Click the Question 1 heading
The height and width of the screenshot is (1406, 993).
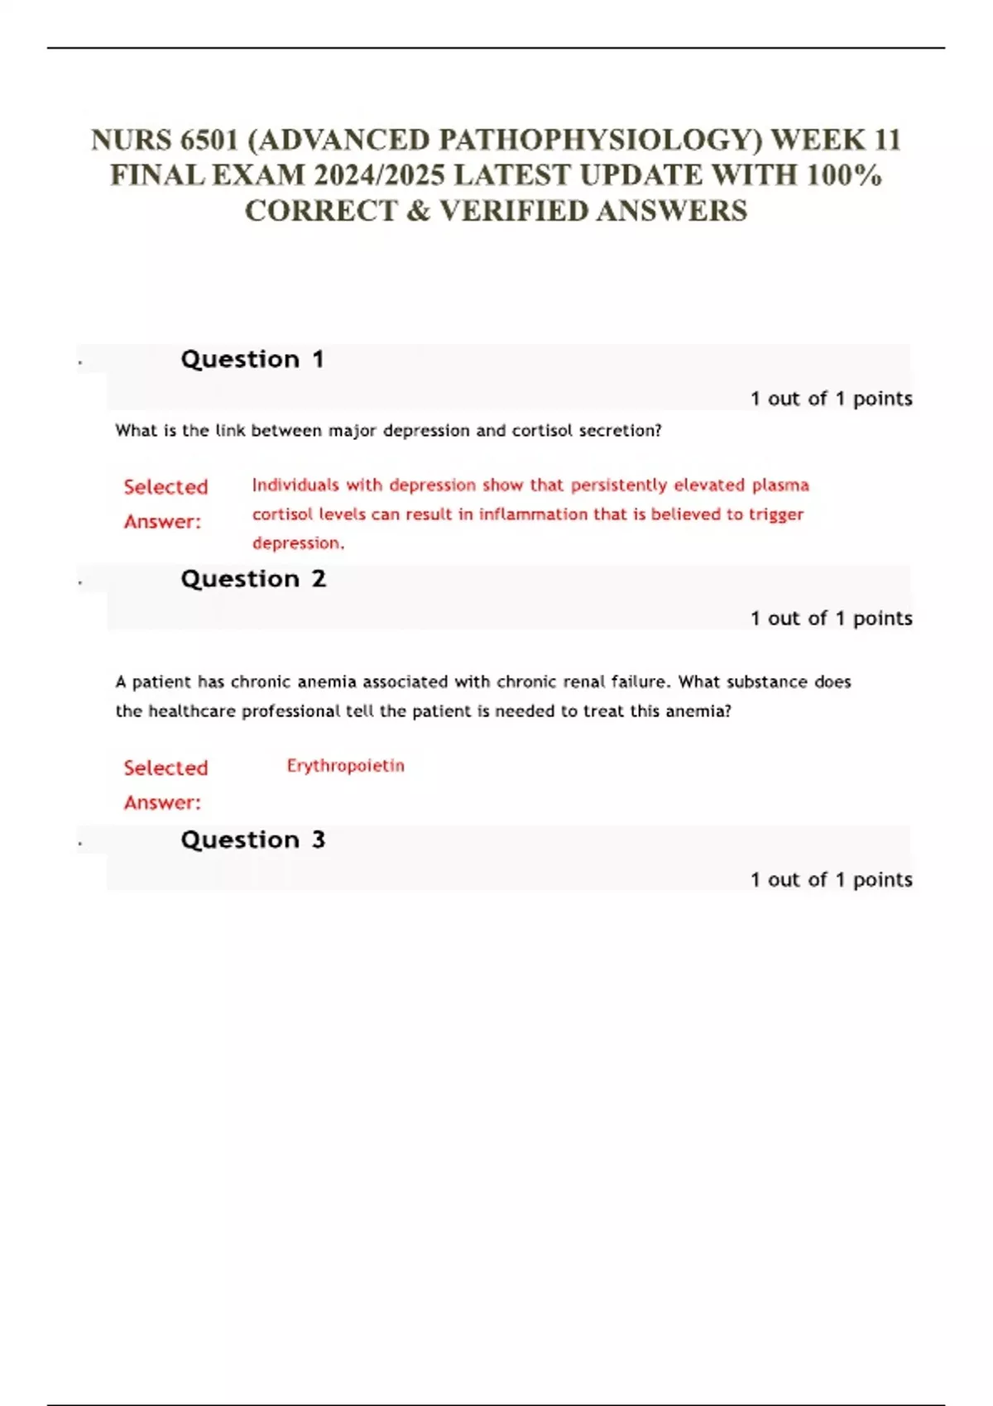coord(252,360)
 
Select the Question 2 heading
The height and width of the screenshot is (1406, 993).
coord(253,579)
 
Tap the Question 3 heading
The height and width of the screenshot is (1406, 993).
coord(253,840)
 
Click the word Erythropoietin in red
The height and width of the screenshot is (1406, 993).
coord(346,766)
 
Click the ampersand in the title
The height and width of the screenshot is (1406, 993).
coord(419,211)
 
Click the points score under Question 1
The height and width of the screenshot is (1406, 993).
coord(831,399)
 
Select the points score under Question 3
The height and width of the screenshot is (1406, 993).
coord(831,880)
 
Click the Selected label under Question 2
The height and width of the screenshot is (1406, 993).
coord(165,768)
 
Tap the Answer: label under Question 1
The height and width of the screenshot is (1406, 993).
coord(162,522)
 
